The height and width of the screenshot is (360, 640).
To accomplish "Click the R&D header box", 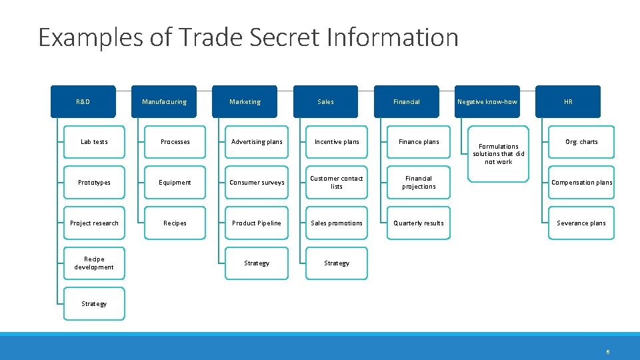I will click(83, 102).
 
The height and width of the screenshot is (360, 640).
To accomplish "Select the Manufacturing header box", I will click(164, 102).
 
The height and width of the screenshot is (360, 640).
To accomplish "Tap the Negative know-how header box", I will click(487, 102).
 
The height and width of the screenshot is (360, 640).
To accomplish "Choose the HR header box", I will click(568, 102).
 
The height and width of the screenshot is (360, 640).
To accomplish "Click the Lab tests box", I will click(94, 142).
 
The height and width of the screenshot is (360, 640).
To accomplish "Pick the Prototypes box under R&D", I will click(94, 183).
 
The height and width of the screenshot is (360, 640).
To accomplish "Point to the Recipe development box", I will click(94, 263).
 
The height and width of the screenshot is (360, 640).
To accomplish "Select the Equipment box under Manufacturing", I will click(175, 183).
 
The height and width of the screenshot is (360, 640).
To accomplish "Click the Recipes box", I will click(175, 223).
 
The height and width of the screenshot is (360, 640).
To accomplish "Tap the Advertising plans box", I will click(257, 142).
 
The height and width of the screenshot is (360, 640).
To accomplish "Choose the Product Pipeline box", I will click(257, 223).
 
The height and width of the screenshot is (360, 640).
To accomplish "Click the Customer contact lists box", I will click(337, 183).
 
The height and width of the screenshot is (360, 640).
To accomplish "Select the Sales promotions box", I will click(337, 223).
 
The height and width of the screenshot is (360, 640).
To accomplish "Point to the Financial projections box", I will click(419, 183).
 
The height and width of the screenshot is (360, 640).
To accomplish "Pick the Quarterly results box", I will click(419, 223).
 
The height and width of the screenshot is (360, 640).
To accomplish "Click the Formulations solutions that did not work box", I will click(499, 154).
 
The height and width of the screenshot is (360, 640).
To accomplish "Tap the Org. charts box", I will click(581, 142).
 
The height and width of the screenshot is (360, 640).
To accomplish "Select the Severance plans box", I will click(581, 223).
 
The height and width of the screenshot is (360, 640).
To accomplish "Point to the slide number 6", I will click(608, 351).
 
